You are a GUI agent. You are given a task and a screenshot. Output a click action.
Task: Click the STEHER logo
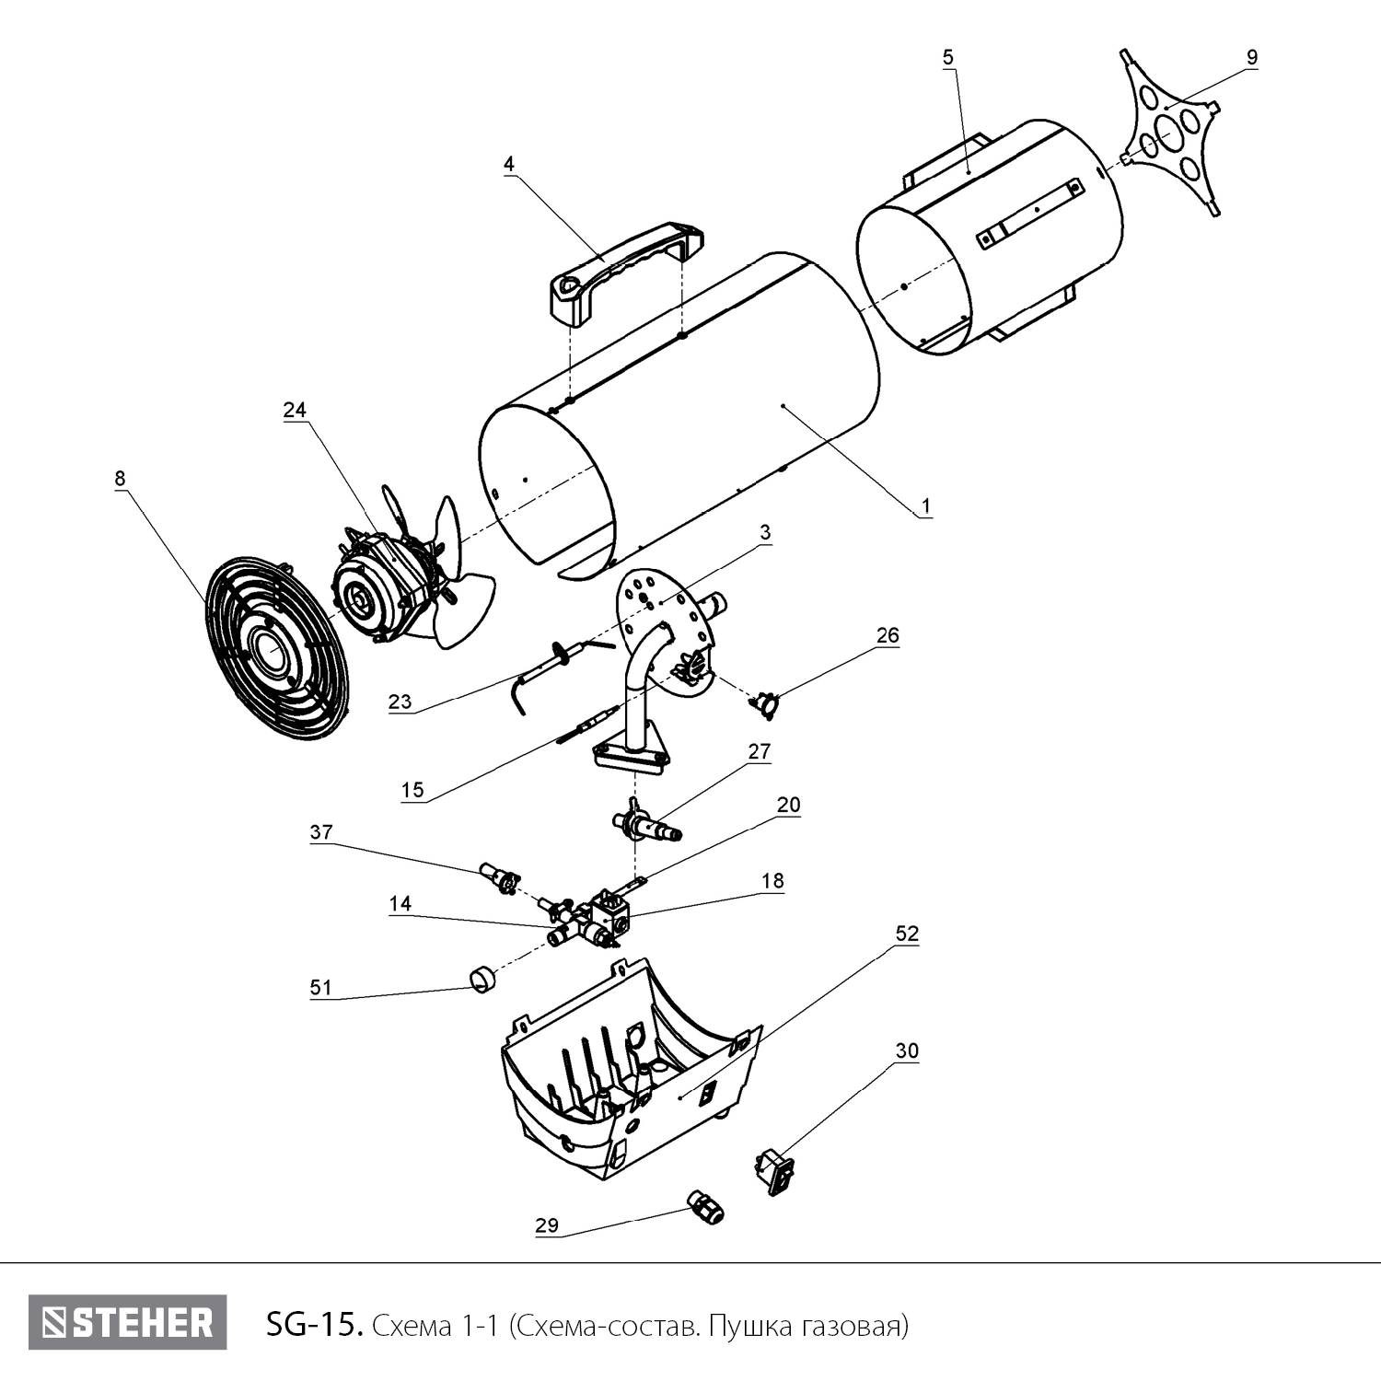click(127, 1323)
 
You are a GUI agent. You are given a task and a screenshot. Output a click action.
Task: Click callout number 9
click(1251, 57)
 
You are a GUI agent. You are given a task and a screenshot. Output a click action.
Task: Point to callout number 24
click(295, 411)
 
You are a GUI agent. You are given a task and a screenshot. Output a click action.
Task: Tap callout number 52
click(907, 934)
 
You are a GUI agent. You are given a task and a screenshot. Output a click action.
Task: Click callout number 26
click(888, 635)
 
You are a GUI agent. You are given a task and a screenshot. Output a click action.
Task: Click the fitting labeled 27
click(648, 822)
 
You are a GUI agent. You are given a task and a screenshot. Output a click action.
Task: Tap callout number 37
click(321, 832)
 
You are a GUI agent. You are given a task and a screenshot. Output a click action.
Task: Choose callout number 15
click(412, 789)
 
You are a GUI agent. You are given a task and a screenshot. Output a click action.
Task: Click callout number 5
click(948, 57)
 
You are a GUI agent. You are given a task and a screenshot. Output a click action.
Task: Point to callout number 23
click(400, 702)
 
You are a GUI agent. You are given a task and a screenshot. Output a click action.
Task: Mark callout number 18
click(772, 881)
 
